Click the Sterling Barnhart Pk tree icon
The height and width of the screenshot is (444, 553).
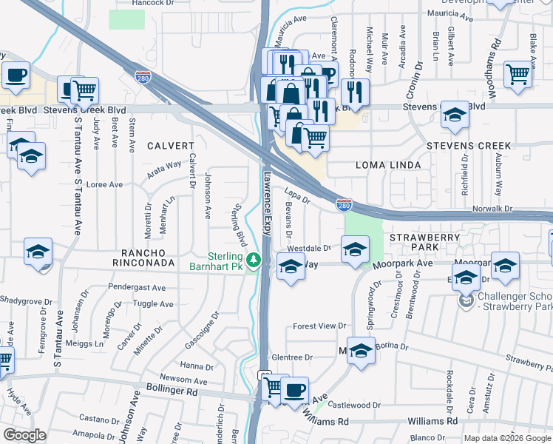tap(254, 260)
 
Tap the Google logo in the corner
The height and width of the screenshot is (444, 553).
tap(24, 435)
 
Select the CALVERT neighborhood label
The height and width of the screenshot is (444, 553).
tap(169, 146)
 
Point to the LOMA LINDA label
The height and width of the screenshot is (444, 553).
tap(388, 164)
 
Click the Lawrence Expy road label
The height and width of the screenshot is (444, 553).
tap(268, 204)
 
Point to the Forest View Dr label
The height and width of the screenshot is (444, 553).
tap(319, 326)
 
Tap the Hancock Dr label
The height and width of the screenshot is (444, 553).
tap(152, 4)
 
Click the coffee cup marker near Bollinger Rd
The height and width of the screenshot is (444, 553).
tap(294, 390)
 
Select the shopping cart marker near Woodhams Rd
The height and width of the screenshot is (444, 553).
tap(518, 74)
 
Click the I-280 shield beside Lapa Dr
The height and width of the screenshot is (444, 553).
tap(343, 205)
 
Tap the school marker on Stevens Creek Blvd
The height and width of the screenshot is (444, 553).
tap(454, 115)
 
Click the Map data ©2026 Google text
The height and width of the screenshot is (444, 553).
tap(507, 437)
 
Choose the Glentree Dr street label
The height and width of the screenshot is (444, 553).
tap(292, 357)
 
